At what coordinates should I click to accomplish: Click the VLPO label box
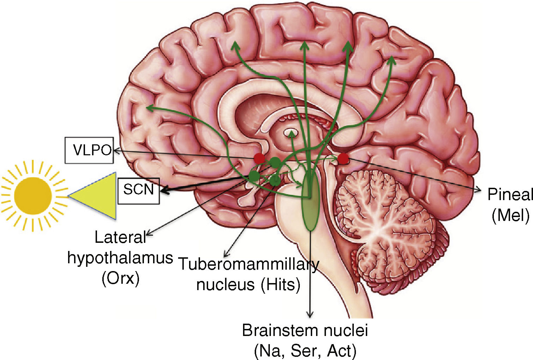point(89,150)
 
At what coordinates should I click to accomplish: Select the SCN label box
point(138,191)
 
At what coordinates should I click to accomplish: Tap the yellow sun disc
point(33,195)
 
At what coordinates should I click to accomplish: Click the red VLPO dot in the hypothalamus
point(260,158)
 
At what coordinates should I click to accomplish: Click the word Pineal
point(510,194)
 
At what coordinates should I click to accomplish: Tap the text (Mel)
point(510,215)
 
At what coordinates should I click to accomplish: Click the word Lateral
point(120,238)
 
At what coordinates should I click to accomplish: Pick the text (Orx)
point(120,278)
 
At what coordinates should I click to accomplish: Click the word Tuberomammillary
point(248,264)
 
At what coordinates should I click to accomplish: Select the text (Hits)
point(281,284)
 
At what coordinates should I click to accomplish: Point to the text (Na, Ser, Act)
point(305,350)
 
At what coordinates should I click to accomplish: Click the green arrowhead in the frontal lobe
point(149,108)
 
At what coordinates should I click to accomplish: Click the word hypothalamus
point(120,258)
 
